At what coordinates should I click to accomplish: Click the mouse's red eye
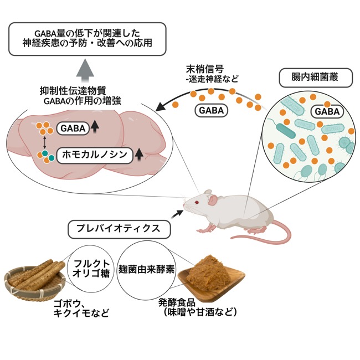coord(197,202)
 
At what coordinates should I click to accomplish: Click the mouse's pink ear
coord(212,199)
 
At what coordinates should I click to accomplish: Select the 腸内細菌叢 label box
coord(316,78)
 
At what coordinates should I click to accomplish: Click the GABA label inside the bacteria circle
coord(327,111)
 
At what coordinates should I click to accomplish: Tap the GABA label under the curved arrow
coord(211,110)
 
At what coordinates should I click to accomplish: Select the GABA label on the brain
coord(73,128)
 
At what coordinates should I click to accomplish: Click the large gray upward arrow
coord(85,70)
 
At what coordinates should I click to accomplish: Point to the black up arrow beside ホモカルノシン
coord(139,155)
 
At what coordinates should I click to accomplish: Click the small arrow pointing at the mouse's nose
coord(177,214)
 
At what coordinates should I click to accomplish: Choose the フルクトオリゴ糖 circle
coord(91,269)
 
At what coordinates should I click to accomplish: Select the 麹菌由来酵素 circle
coord(146,270)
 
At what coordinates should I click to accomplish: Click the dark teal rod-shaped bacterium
coord(286,131)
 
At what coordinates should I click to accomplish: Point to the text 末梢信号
coord(205,69)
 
